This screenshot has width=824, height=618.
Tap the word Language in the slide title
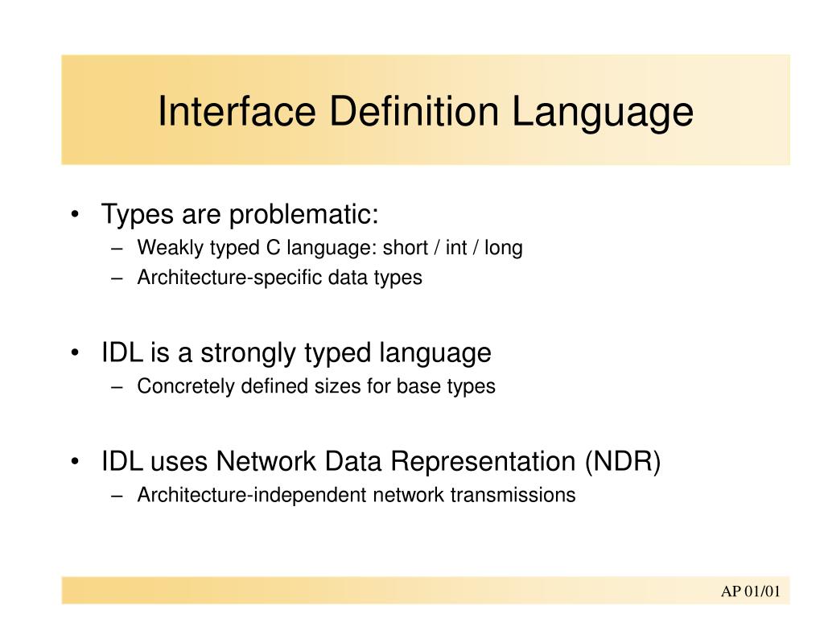tap(604, 111)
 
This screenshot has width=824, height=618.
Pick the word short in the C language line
tap(405, 248)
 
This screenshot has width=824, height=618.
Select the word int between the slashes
tap(456, 248)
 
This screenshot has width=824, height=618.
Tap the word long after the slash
tap(505, 248)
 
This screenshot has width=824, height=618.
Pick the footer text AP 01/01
tap(750, 592)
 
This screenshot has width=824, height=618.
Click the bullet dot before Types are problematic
tap(75, 216)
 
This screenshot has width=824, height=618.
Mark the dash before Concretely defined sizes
tap(119, 387)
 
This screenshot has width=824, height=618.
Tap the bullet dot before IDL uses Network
tap(75, 463)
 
